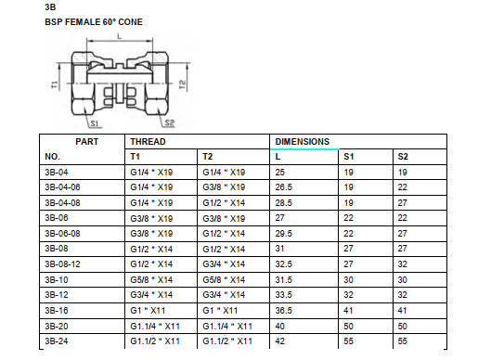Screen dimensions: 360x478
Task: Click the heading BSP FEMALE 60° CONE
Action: tap(93, 20)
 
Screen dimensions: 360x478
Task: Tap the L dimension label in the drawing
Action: tap(119, 37)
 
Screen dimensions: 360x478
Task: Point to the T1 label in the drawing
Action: tap(57, 84)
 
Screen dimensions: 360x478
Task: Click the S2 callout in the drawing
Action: tap(169, 122)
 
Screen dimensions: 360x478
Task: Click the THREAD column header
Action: tap(146, 141)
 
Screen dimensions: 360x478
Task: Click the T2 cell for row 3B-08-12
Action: tap(224, 264)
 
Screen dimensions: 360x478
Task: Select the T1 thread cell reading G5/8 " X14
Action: tap(151, 280)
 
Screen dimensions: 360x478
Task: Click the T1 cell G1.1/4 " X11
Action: tap(155, 327)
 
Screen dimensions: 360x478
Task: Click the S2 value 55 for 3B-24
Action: tap(403, 341)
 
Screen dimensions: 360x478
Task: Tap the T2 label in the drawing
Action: tap(183, 84)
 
